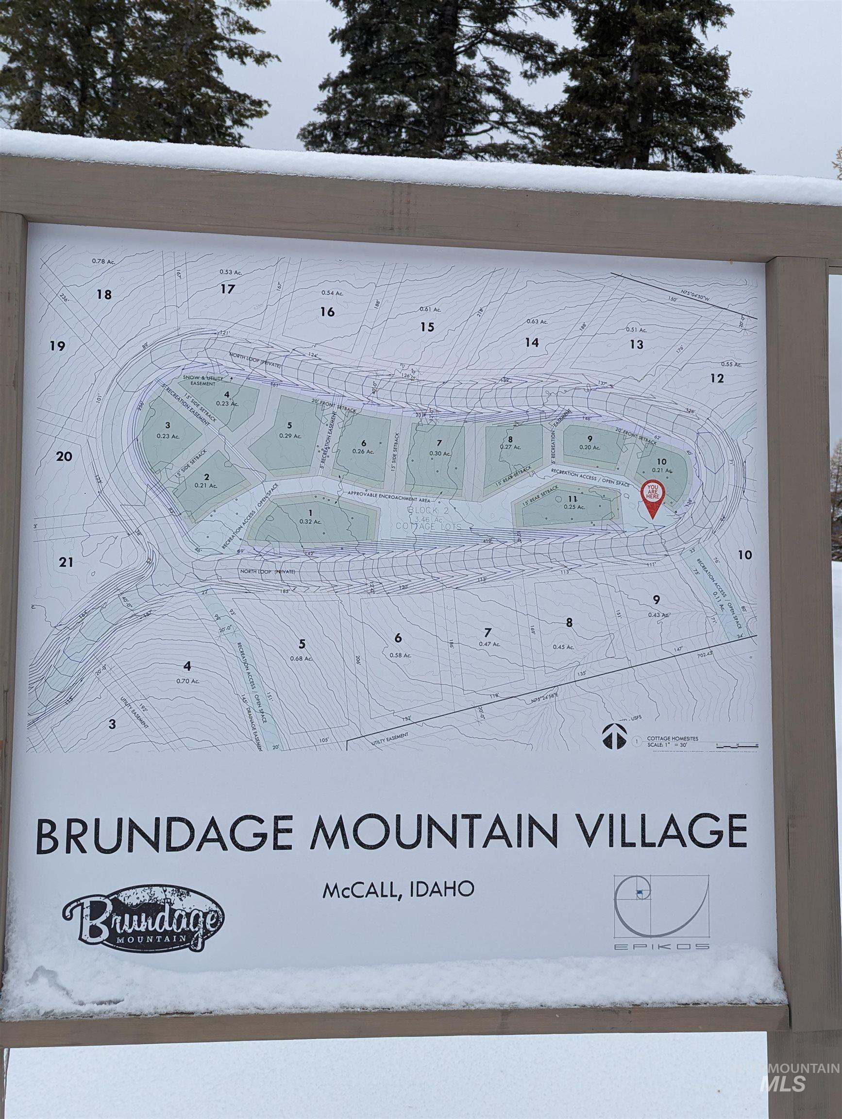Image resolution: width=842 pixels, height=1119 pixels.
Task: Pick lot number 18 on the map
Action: [104, 294]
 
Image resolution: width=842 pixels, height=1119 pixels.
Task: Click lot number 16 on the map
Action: [328, 312]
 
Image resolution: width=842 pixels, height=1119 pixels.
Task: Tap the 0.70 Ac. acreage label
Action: [188, 681]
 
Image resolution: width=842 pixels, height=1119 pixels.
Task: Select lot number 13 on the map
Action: [637, 344]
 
